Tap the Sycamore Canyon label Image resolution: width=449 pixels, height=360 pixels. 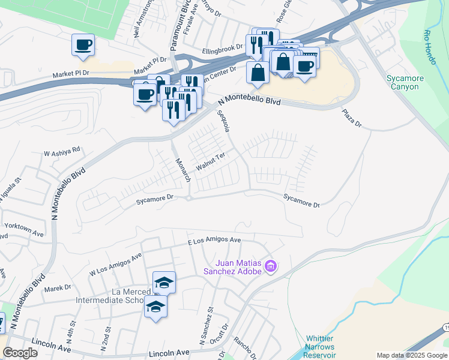405,82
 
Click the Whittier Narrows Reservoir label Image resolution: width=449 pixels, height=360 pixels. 324,347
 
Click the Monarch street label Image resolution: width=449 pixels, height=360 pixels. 182,170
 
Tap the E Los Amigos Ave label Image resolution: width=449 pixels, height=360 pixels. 214,240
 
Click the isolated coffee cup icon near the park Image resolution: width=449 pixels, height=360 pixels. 83,44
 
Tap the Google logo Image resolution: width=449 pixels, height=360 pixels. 20,353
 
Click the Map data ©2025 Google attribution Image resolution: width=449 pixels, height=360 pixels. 412,355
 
